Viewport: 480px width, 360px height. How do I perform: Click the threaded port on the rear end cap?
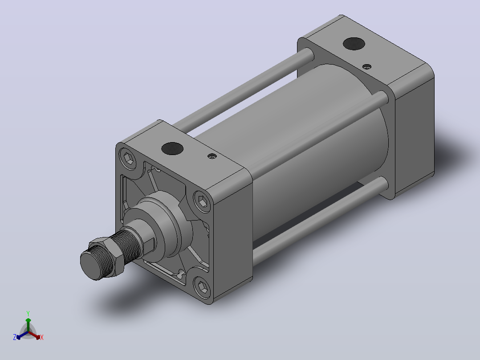(354, 44)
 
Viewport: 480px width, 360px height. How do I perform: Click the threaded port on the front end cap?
(172, 149)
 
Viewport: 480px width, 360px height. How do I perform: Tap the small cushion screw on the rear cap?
(367, 66)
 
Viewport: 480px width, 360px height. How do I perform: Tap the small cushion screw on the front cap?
(212, 156)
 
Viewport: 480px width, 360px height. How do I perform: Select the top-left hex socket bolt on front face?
(129, 159)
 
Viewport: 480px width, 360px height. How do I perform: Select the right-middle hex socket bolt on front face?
(202, 201)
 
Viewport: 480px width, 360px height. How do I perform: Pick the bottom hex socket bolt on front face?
(202, 287)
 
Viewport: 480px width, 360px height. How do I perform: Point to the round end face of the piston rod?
(91, 264)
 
